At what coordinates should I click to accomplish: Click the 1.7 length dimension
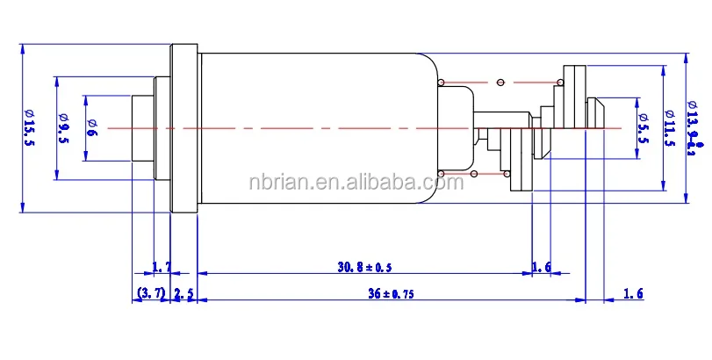click(162, 266)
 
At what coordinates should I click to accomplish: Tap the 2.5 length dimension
click(183, 293)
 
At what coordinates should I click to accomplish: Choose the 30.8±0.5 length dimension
click(363, 266)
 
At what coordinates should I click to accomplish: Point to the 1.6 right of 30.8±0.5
click(542, 266)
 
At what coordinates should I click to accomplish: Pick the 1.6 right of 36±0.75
click(633, 293)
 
